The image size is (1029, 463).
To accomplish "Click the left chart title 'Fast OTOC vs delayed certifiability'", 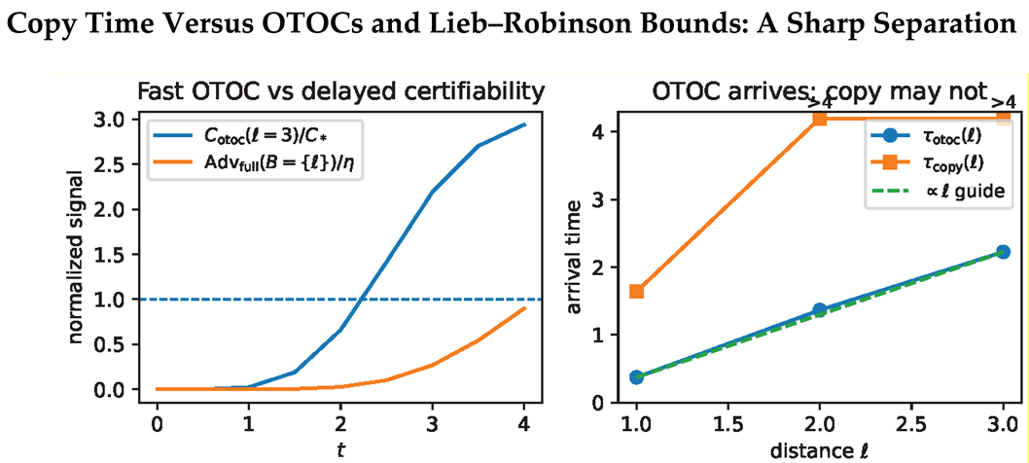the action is [339, 92].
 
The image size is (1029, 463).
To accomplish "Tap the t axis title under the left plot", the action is [340, 449].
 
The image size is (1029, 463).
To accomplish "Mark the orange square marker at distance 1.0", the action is [636, 291].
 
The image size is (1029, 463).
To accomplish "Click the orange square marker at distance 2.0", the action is [819, 119].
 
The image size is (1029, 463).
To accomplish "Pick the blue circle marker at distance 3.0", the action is [1003, 252].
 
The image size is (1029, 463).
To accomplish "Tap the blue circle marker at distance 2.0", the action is [819, 309].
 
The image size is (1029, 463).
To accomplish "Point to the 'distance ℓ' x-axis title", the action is [819, 452].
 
